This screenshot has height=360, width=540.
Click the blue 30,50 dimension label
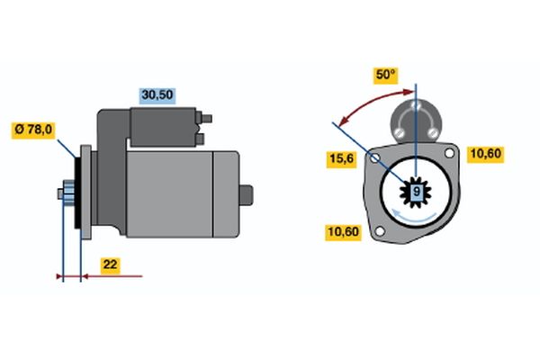tap(157, 95)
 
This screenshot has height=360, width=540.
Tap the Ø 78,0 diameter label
tap(33, 130)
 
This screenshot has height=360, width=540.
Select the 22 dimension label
tap(110, 265)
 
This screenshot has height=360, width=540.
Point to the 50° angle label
tap(385, 75)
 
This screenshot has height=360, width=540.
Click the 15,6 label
tap(341, 159)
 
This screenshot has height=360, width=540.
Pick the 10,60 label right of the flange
tap(486, 154)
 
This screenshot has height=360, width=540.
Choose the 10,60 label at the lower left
tap(343, 232)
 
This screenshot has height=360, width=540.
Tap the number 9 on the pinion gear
tap(417, 192)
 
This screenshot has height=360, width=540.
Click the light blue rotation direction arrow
tap(414, 216)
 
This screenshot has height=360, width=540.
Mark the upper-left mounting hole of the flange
tap(375, 158)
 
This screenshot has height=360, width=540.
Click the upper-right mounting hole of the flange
tap(449, 153)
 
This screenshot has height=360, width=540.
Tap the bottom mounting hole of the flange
tap(380, 231)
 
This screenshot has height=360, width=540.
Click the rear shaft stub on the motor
tap(246, 194)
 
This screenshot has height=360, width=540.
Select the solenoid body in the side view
tap(163, 127)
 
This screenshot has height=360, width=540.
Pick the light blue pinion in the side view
tap(69, 193)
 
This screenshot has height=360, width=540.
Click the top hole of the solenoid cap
tap(416, 104)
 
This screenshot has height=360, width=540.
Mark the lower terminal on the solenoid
tap(200, 139)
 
